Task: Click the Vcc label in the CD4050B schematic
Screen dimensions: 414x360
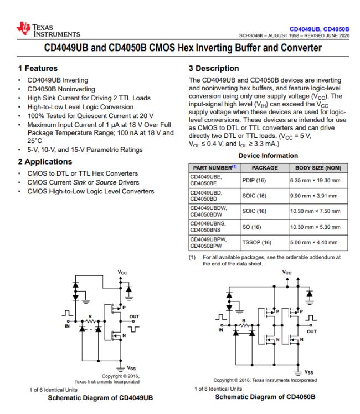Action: click(286, 273)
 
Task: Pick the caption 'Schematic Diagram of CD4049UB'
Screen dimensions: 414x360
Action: click(100, 397)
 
